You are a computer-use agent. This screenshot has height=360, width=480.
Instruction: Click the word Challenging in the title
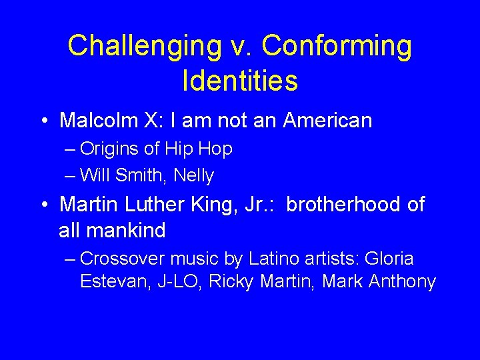(x=144, y=45)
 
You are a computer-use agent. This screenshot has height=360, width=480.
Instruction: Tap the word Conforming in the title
(x=337, y=45)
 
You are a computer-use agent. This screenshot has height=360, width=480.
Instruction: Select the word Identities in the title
(x=239, y=80)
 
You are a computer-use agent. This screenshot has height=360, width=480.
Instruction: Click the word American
(x=327, y=121)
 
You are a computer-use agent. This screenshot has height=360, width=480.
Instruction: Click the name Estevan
(x=110, y=281)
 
